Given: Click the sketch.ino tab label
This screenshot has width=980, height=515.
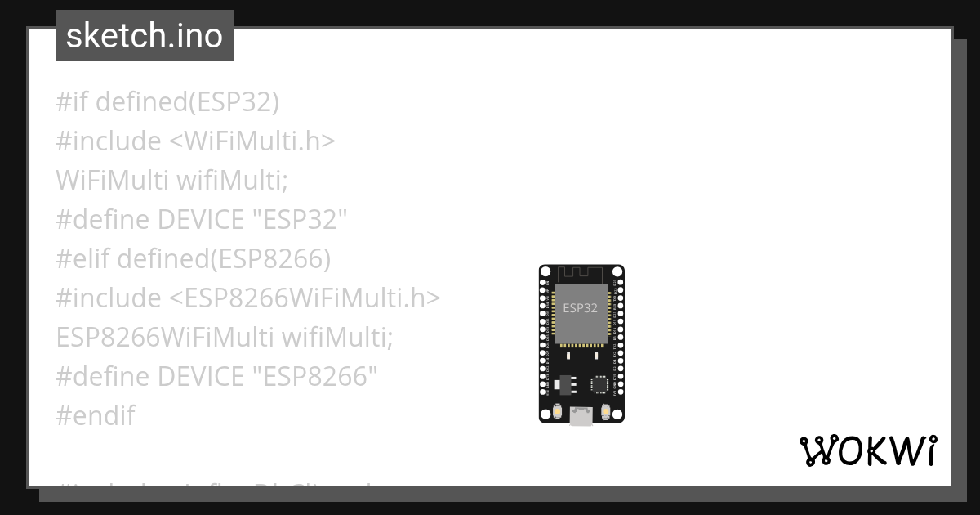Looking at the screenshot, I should click(x=145, y=36).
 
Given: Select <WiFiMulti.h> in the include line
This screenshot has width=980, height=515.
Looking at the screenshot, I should click(x=252, y=141).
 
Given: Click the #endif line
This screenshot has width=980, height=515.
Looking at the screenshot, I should click(x=95, y=416).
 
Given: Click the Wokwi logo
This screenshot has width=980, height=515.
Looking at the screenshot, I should click(x=868, y=450).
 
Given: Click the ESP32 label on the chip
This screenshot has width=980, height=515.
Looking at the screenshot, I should click(x=580, y=308).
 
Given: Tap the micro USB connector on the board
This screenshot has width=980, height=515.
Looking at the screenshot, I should click(x=581, y=416).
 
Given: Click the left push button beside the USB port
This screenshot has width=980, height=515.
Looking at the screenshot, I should click(x=557, y=412).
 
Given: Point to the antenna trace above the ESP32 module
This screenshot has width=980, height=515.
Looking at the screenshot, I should click(x=581, y=272).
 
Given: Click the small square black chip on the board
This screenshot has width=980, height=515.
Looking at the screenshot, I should click(x=600, y=383).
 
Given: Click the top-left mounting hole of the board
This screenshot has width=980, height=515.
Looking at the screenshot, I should click(x=546, y=271).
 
